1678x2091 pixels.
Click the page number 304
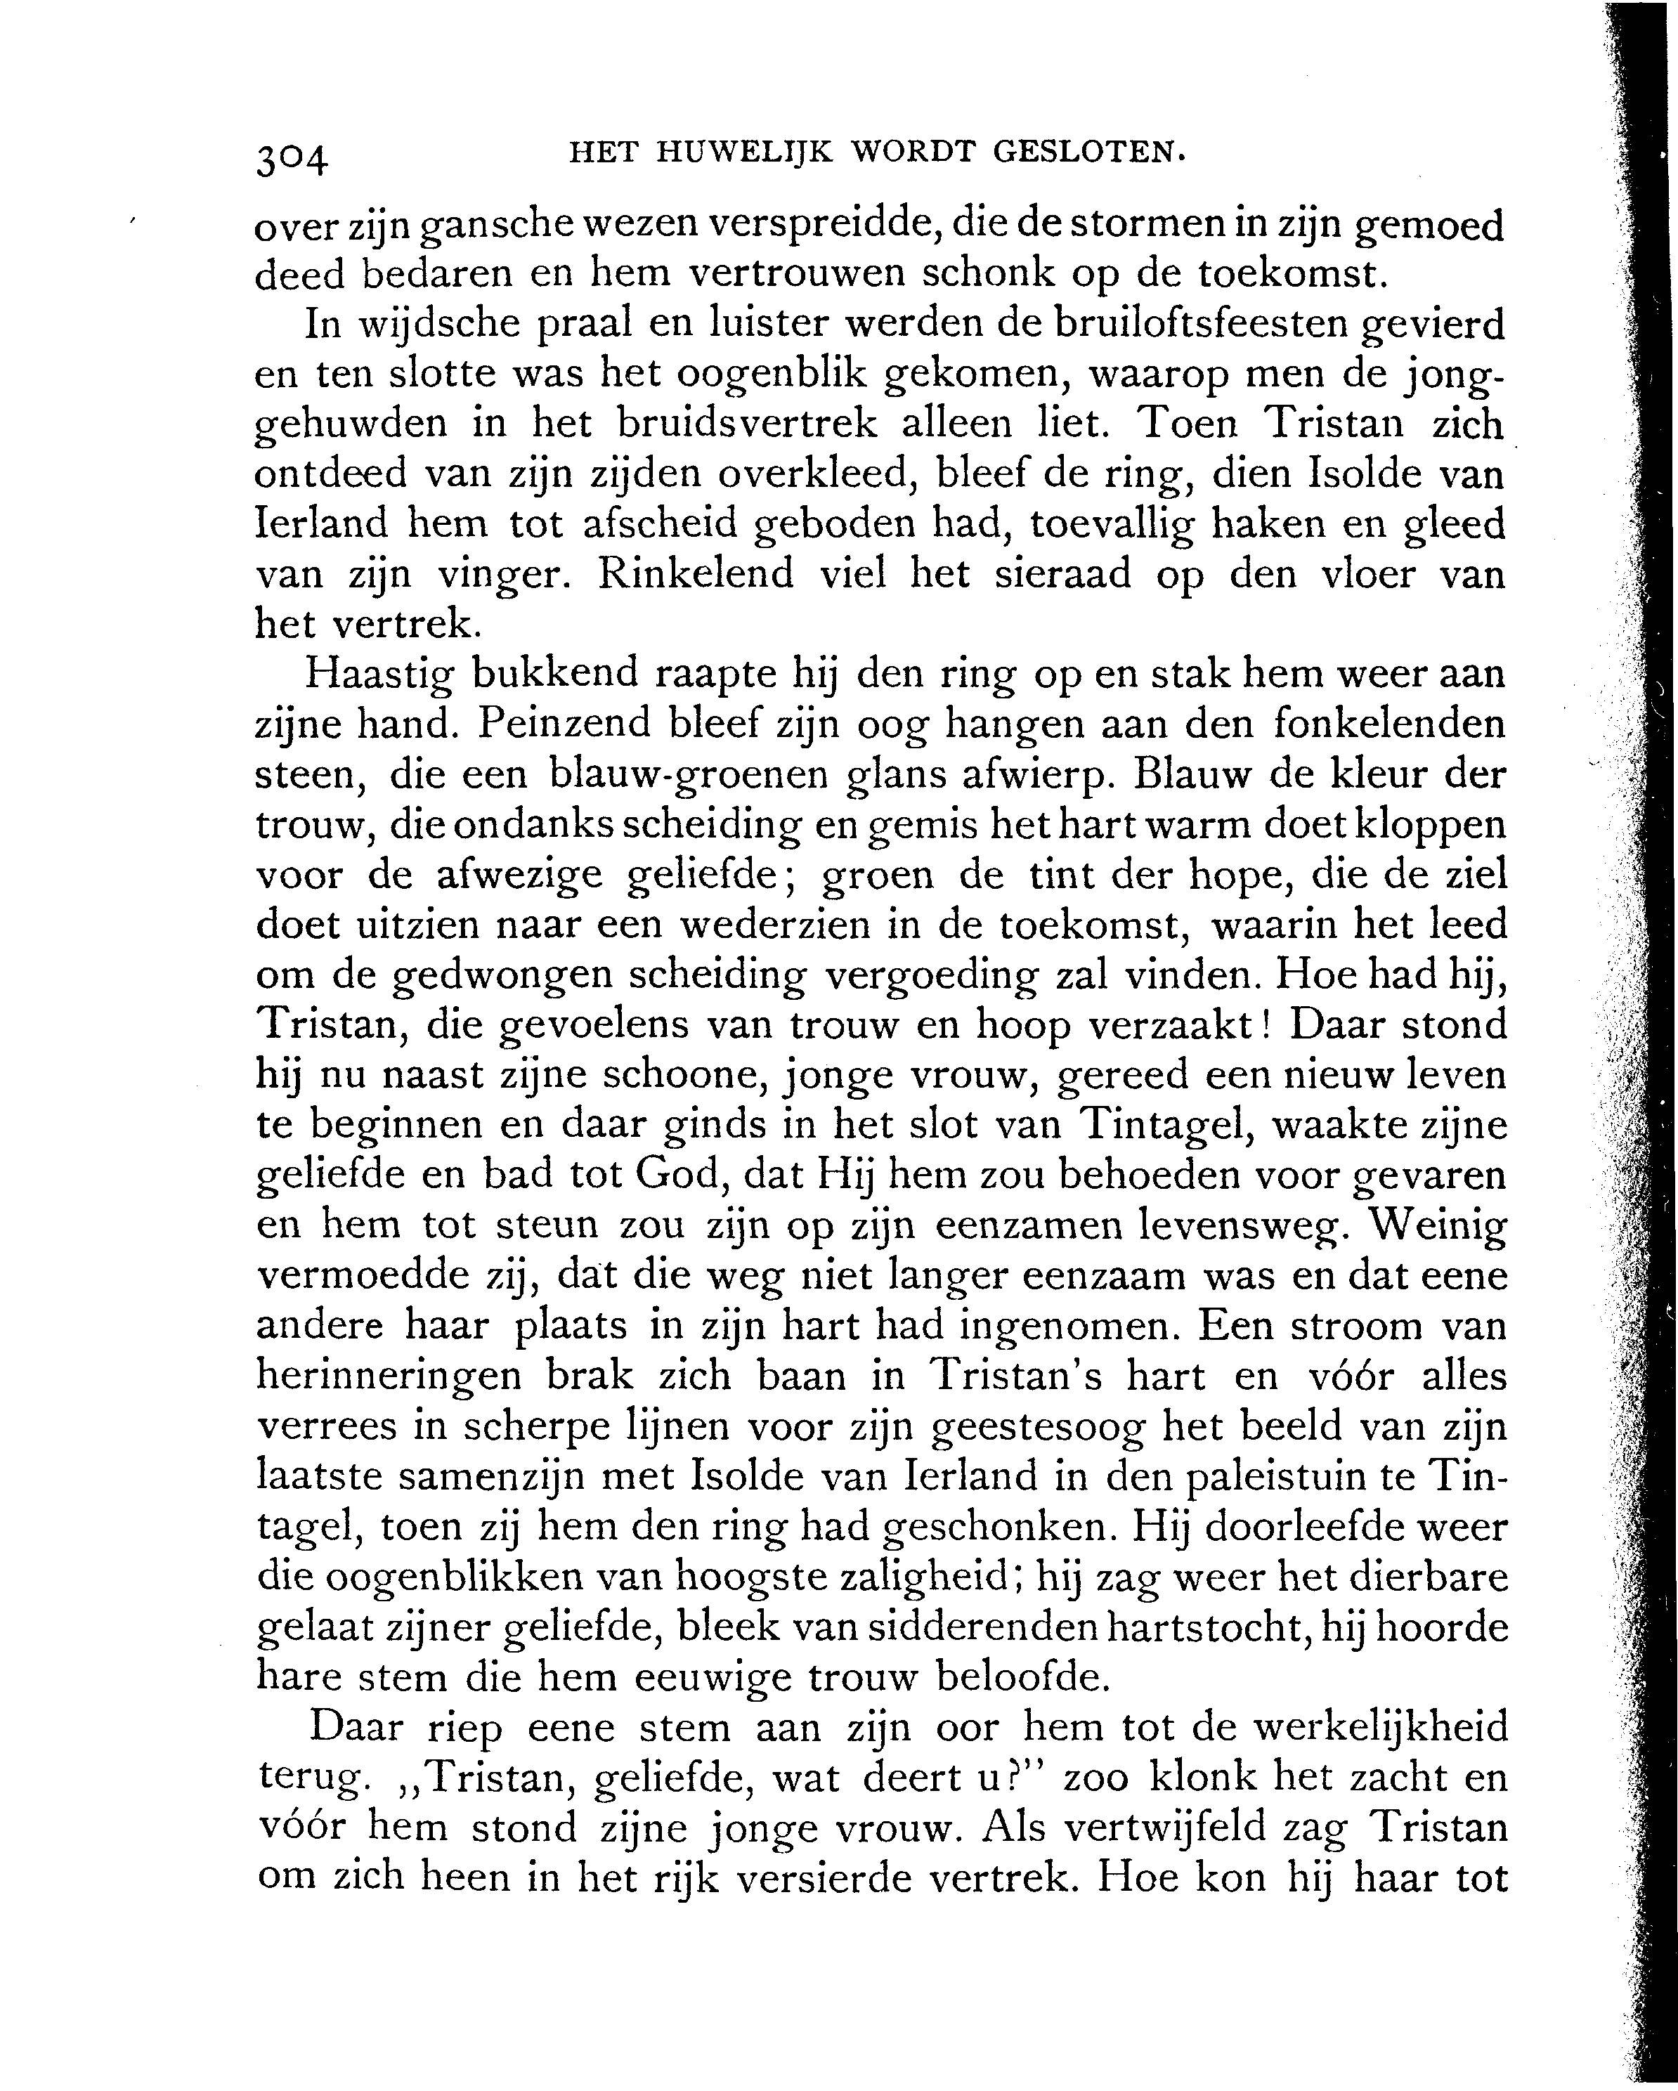click(x=292, y=158)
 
